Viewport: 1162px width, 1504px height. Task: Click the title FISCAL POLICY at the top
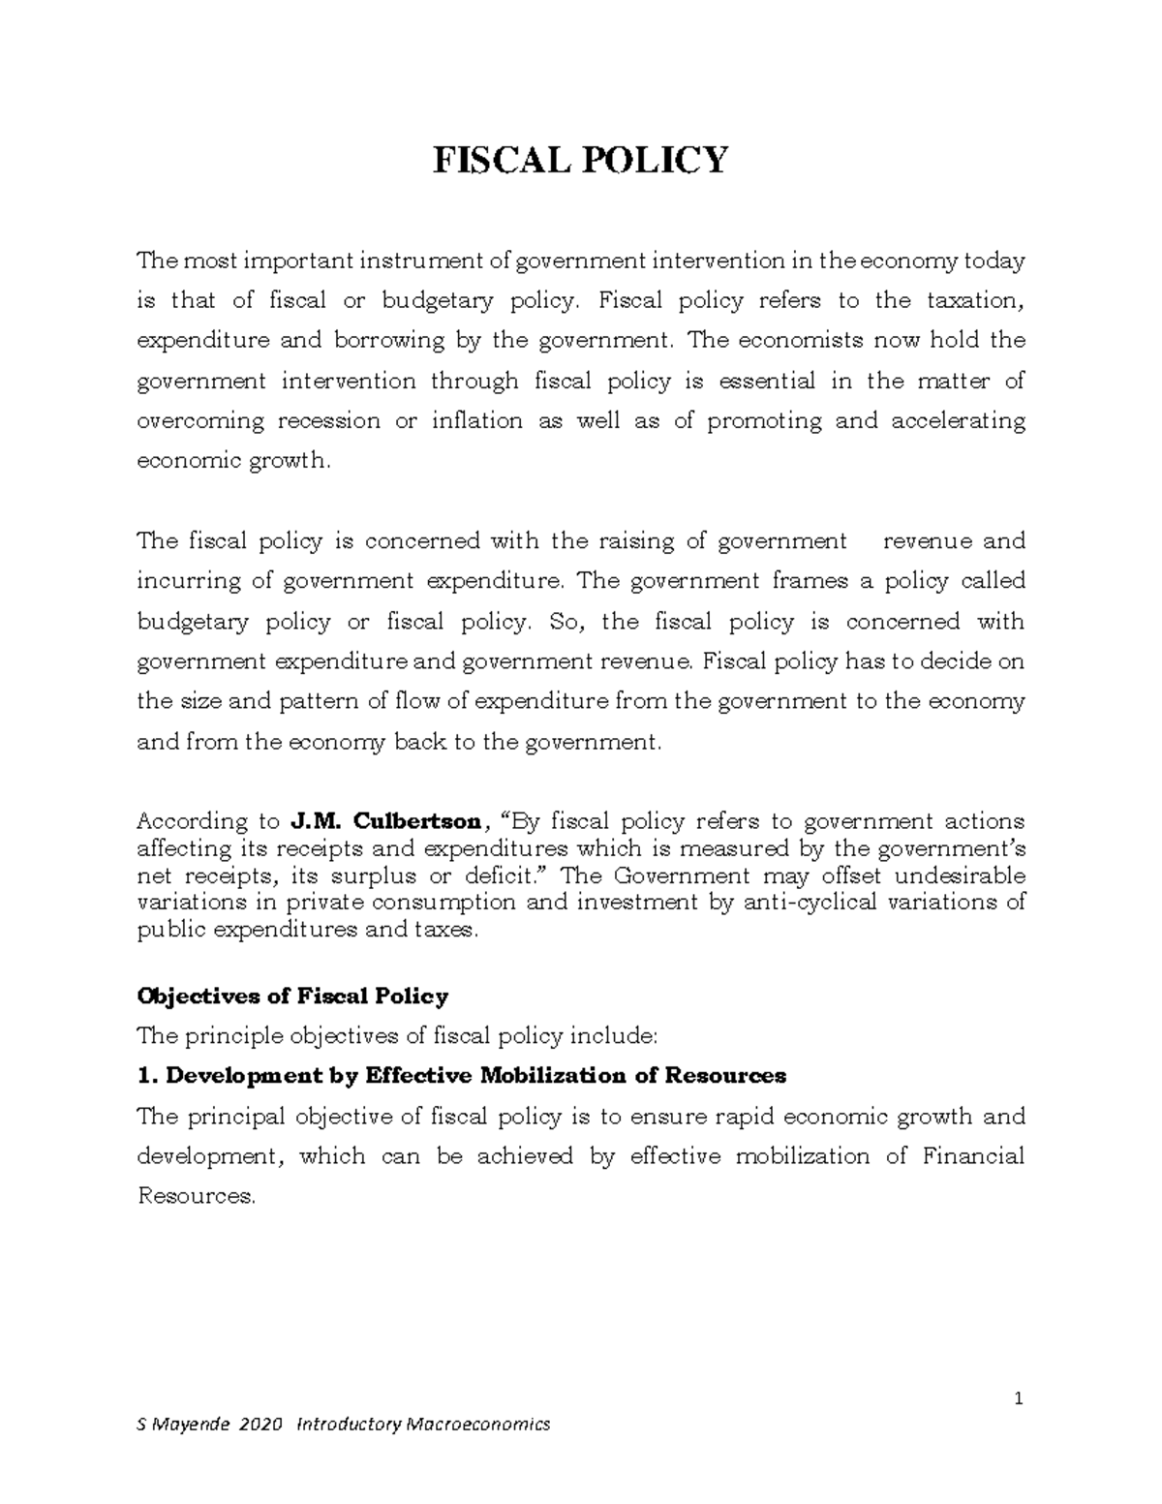[x=579, y=159]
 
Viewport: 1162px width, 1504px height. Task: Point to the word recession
[x=328, y=421]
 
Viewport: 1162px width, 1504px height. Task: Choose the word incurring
[x=189, y=581]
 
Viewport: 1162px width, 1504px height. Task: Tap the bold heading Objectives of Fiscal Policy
[x=293, y=996]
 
